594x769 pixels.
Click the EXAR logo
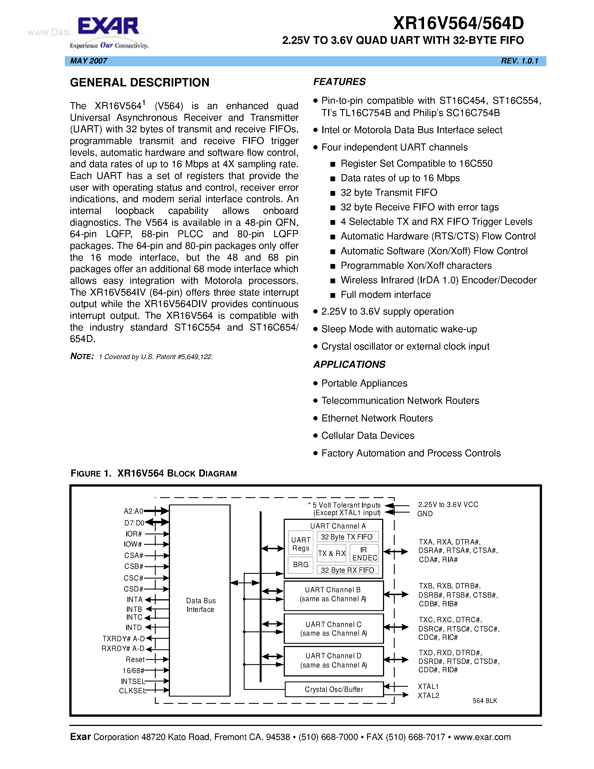pyautogui.click(x=108, y=32)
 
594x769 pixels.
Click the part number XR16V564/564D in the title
pyautogui.click(x=458, y=23)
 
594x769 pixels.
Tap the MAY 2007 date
pyautogui.click(x=89, y=61)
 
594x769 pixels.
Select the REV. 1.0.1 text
pyautogui.click(x=519, y=61)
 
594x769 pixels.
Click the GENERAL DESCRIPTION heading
pyautogui.click(x=140, y=82)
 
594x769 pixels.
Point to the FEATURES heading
pyautogui.click(x=339, y=82)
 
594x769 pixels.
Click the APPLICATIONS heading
pyautogui.click(x=349, y=364)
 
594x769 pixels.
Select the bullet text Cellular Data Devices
pyautogui.click(x=368, y=436)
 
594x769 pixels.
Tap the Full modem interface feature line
pyautogui.click(x=386, y=295)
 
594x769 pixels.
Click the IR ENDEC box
pyautogui.click(x=364, y=553)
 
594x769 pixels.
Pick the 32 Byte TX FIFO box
pyautogui.click(x=347, y=537)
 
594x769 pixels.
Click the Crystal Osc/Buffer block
pyautogui.click(x=333, y=689)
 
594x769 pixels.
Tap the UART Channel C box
pyautogui.click(x=333, y=629)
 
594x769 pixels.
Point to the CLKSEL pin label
pyautogui.click(x=132, y=691)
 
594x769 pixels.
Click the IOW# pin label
pyautogui.click(x=133, y=544)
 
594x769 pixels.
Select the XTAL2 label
pyautogui.click(x=428, y=695)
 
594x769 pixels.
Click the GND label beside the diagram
pyautogui.click(x=425, y=514)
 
